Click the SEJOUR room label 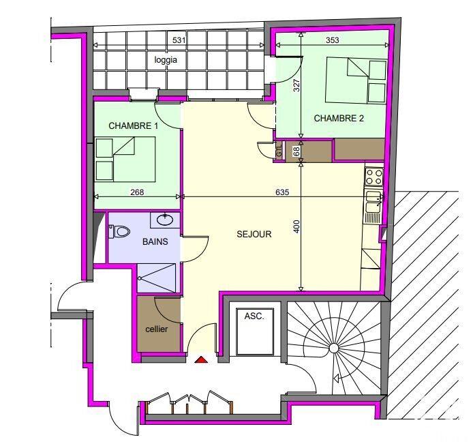(254, 234)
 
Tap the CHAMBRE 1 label (134, 125)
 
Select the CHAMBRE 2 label (339, 118)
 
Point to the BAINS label (155, 241)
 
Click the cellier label (156, 329)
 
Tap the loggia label (166, 60)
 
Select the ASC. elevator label (254, 316)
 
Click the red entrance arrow (201, 359)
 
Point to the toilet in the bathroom (120, 232)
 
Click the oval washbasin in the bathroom (164, 220)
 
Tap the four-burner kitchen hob (373, 177)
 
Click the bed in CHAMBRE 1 (125, 158)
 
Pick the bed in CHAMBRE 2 (357, 80)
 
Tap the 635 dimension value (283, 192)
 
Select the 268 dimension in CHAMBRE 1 (137, 192)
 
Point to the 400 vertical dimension (296, 226)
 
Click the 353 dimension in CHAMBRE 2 (333, 40)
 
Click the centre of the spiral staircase (333, 348)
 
